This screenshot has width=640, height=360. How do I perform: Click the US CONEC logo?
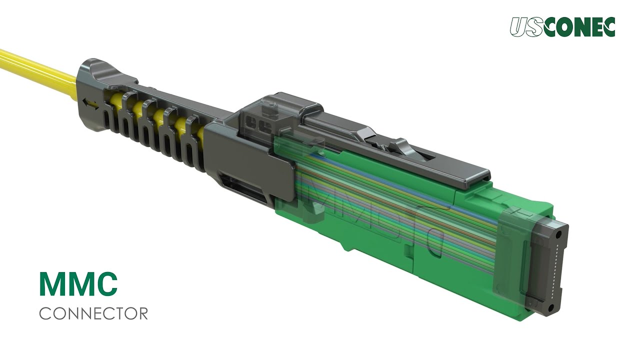(x=562, y=27)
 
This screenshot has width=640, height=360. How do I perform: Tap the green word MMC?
(x=78, y=283)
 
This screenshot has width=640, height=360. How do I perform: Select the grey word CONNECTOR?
(x=93, y=313)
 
